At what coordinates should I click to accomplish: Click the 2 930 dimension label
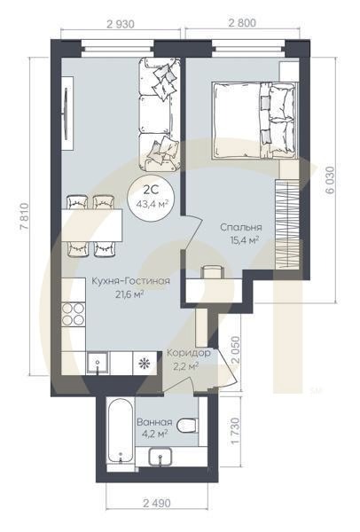[x=121, y=24]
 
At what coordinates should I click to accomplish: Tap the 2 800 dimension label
[x=242, y=23]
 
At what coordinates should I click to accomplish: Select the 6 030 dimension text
[x=330, y=180]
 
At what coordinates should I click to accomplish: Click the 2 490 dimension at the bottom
[x=157, y=503]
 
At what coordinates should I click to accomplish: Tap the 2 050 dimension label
[x=235, y=351]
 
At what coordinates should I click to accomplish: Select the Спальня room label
[x=241, y=227]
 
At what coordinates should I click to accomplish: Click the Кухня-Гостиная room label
[x=131, y=281]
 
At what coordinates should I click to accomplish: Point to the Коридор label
[x=188, y=353]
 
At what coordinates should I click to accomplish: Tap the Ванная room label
[x=154, y=422]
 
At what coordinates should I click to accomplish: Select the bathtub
[x=121, y=432]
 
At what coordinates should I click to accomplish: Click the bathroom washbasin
[x=160, y=457]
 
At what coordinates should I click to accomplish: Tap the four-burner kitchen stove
[x=74, y=314]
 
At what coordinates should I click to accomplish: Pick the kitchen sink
[x=98, y=364]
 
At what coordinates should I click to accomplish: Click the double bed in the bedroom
[x=255, y=121]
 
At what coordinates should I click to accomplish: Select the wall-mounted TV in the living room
[x=66, y=113]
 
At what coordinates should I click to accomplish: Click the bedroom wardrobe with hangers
[x=287, y=223]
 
